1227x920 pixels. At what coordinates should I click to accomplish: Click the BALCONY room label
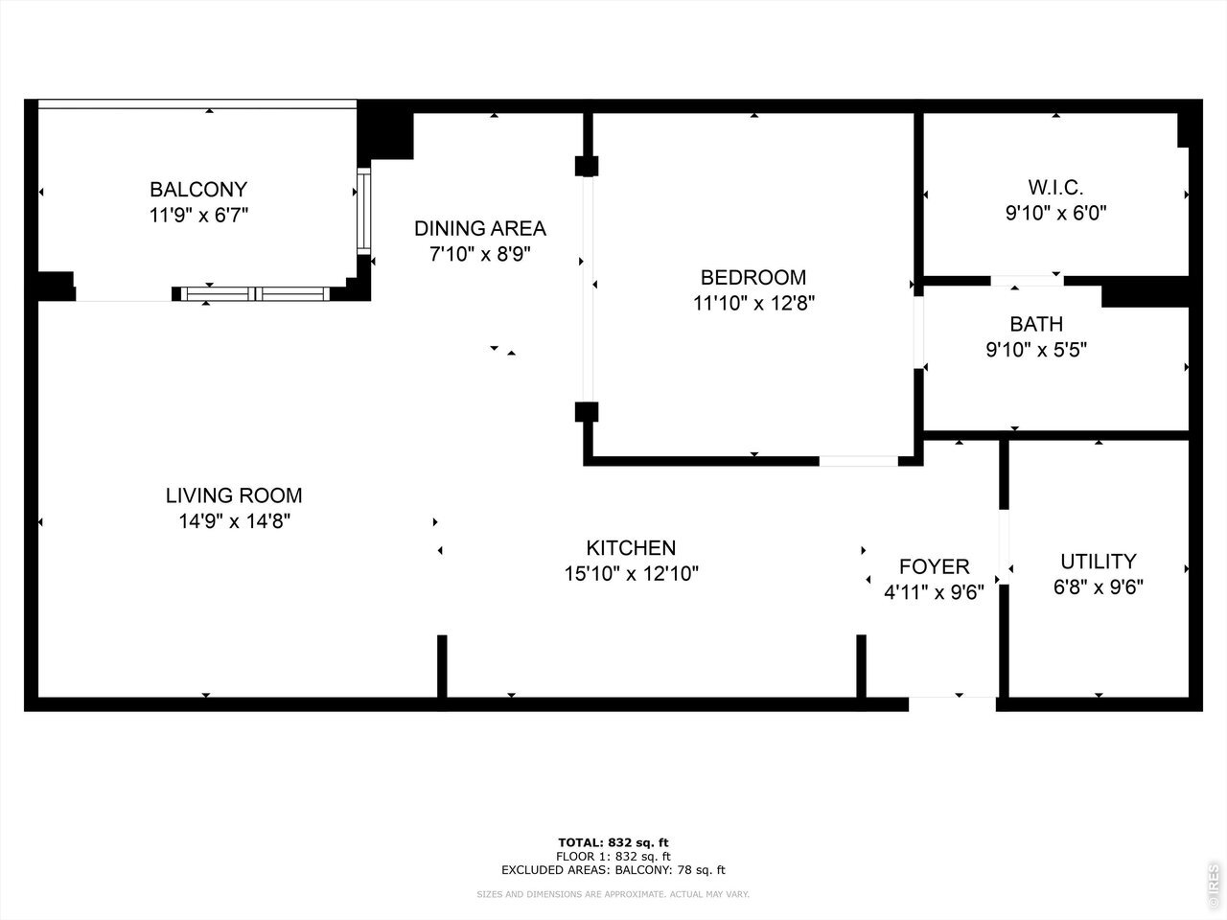pos(198,190)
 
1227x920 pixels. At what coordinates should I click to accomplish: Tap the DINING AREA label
pos(480,228)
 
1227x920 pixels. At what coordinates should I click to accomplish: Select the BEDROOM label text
pos(753,278)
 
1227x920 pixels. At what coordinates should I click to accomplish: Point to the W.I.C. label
pos(1056,188)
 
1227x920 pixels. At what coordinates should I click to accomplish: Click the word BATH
pos(1036,324)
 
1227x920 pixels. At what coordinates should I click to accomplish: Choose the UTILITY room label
pos(1099,562)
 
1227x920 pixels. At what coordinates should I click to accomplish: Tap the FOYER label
pos(934,567)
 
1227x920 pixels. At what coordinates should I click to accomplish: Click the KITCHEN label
pos(631,548)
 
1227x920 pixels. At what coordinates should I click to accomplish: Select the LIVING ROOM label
pos(234,495)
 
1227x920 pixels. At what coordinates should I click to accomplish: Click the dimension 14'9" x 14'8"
pos(234,521)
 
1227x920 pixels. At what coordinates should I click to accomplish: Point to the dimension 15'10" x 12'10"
pos(631,574)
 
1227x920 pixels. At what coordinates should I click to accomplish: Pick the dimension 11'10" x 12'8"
pos(753,304)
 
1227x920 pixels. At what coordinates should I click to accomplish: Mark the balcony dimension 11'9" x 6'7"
pos(198,215)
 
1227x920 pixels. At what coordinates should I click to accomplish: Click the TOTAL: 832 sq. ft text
pos(613,842)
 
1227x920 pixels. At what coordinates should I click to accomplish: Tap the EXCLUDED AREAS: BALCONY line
pos(613,870)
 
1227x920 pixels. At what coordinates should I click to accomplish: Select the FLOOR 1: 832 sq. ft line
pos(613,857)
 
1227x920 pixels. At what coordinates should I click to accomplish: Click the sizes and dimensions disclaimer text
pos(613,894)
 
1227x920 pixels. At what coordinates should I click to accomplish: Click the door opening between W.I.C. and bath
pos(1027,281)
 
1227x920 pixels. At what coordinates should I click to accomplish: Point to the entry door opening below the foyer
pos(952,703)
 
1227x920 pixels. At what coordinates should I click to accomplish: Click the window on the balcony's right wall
pos(364,211)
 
